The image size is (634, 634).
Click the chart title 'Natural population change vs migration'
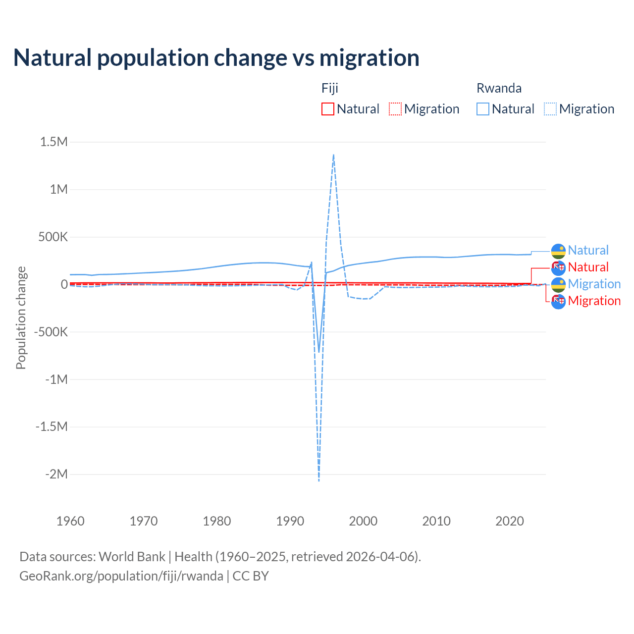[216, 58]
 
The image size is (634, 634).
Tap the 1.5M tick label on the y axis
[54, 142]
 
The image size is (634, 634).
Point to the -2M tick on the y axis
[56, 475]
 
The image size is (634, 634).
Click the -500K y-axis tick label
[51, 332]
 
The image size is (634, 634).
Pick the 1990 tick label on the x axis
[290, 521]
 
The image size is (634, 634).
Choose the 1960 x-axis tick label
[71, 521]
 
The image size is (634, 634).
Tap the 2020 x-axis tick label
[510, 521]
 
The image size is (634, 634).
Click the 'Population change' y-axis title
[21, 317]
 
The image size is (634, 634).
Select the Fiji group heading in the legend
[330, 88]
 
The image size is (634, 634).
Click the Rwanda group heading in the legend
[499, 88]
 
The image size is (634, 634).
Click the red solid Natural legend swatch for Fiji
[328, 109]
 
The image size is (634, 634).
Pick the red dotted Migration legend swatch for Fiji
[395, 109]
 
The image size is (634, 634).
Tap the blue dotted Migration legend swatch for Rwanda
[550, 109]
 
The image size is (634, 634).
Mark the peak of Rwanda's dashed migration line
[333, 155]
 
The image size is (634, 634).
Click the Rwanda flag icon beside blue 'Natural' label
[558, 251]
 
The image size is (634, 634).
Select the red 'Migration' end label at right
[594, 301]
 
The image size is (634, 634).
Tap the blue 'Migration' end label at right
[594, 284]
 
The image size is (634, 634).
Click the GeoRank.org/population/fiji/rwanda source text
[121, 576]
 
